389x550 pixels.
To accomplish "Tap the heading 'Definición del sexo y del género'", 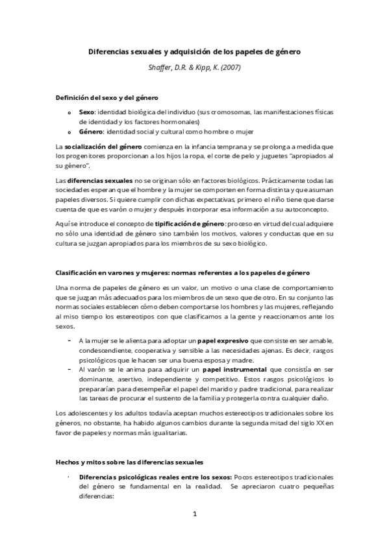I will coord(107,97).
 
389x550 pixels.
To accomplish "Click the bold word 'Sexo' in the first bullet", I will coord(86,112).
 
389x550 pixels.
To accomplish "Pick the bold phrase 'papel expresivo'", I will coord(225,341).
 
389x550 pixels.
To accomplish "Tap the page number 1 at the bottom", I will coord(195,515).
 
